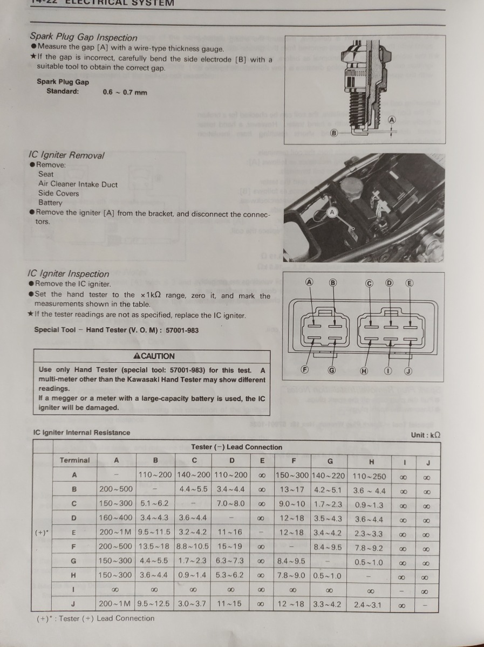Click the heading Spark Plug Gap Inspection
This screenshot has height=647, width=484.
tap(84, 37)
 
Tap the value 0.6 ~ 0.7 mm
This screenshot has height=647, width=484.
tap(125, 92)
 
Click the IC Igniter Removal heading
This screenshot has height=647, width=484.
tap(66, 155)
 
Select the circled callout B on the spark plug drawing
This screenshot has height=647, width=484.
tap(333, 133)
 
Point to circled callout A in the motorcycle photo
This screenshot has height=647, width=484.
tap(332, 212)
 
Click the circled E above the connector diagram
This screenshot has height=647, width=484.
tap(409, 283)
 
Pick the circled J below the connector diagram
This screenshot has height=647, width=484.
tap(408, 370)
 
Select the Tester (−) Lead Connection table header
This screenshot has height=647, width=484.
tap(236, 447)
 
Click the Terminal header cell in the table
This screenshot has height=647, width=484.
tap(74, 460)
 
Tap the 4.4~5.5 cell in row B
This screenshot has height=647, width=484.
tap(193, 490)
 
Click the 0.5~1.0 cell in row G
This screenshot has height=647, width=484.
tap(370, 562)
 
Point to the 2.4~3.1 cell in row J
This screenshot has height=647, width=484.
tap(370, 604)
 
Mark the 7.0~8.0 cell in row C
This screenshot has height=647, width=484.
tap(230, 504)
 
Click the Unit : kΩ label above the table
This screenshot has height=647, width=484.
tap(426, 435)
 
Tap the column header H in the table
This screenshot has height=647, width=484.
tap(371, 462)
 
